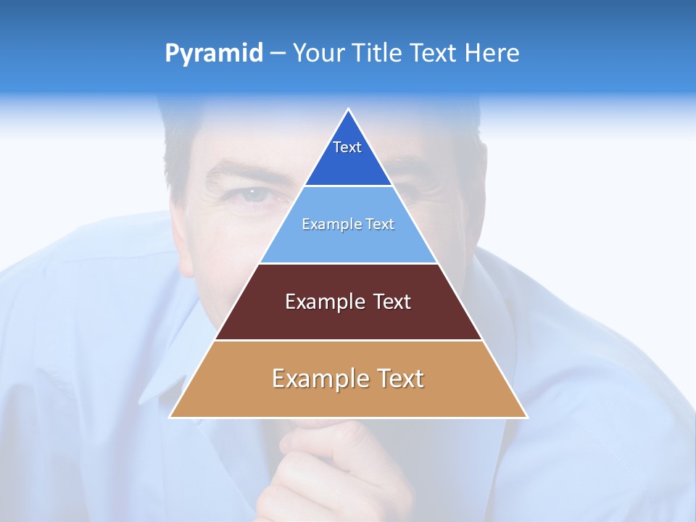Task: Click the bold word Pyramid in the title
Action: click(214, 54)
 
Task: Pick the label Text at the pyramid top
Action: click(347, 147)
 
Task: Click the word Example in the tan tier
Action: click(312, 378)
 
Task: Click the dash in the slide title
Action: click(278, 54)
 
